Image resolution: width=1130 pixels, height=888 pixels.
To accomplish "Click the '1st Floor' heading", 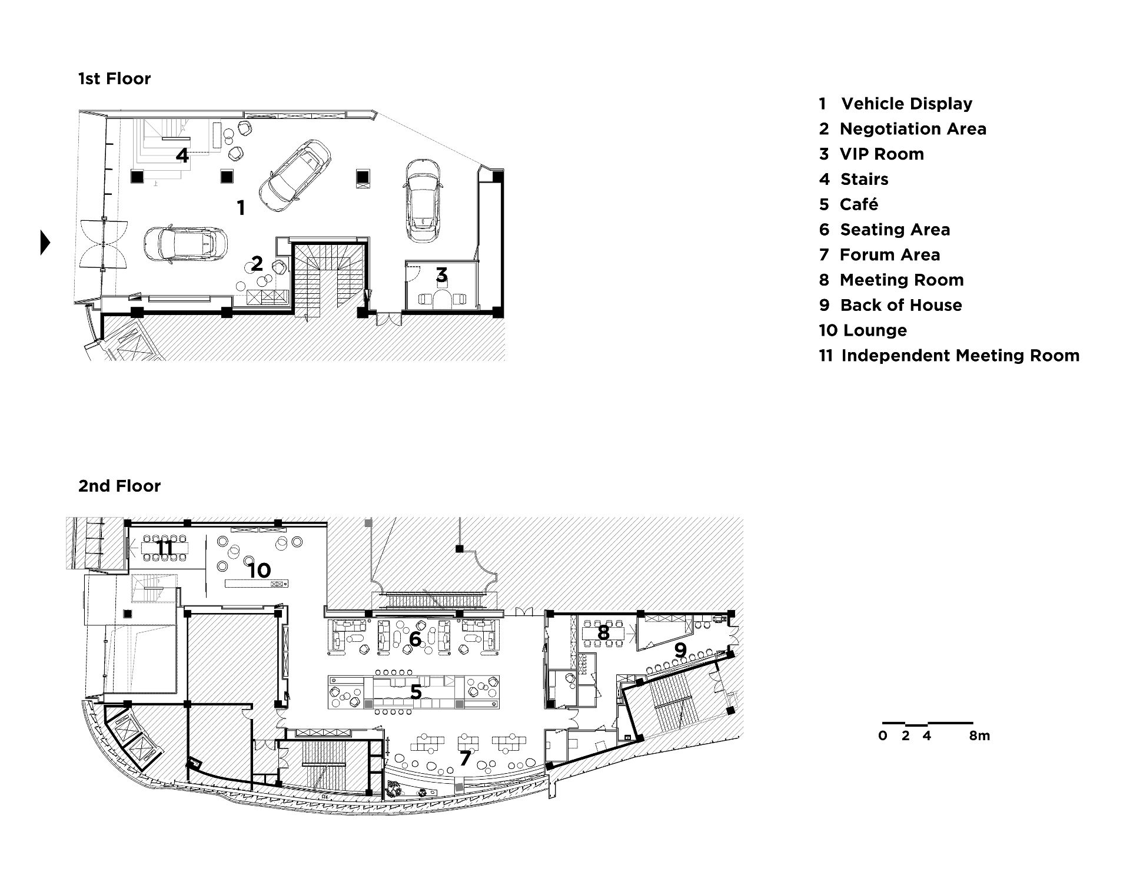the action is coord(115,79).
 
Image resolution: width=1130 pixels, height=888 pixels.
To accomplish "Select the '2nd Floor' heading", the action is coord(119,486).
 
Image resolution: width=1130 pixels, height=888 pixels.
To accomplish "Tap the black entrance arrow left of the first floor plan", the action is coord(45,243).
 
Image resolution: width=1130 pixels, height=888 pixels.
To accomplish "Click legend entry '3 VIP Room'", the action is coord(872,154).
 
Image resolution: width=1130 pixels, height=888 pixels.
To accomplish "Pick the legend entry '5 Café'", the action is coord(849,204).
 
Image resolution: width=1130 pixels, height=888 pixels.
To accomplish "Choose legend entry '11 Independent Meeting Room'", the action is coord(949,356).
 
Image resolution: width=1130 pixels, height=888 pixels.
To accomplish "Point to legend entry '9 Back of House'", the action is coord(890,305).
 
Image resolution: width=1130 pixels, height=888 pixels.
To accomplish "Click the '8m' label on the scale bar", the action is coord(980,735).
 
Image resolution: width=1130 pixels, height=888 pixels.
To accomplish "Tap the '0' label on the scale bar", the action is coord(882,735).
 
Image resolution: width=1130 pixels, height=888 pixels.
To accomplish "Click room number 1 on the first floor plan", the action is coord(241,208).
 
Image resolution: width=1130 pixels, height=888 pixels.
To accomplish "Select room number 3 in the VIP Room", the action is coord(441,274).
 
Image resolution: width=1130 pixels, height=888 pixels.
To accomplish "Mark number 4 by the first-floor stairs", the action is coord(182,155).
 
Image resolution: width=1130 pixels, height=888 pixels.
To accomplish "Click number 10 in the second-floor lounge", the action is coord(259,570).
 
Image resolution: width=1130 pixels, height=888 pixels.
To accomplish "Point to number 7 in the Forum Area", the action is coord(465,758).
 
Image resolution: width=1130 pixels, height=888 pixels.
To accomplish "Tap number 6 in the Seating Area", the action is coord(416,639).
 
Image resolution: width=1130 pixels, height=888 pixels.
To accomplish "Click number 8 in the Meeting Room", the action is coord(603,633).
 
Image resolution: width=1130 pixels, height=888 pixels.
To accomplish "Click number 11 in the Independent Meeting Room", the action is coord(165,548).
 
